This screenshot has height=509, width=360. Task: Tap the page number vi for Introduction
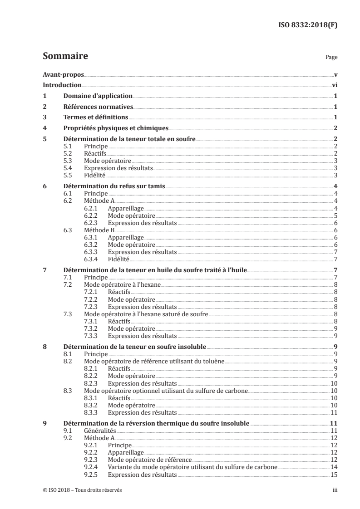335,85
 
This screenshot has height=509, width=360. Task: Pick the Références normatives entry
98,107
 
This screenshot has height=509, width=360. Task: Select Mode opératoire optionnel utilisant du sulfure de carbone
166,390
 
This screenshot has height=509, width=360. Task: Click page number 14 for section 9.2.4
334,466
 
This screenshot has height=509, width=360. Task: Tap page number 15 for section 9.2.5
334,474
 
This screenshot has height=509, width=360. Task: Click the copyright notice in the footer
82,490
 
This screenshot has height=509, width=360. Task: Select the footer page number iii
335,490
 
